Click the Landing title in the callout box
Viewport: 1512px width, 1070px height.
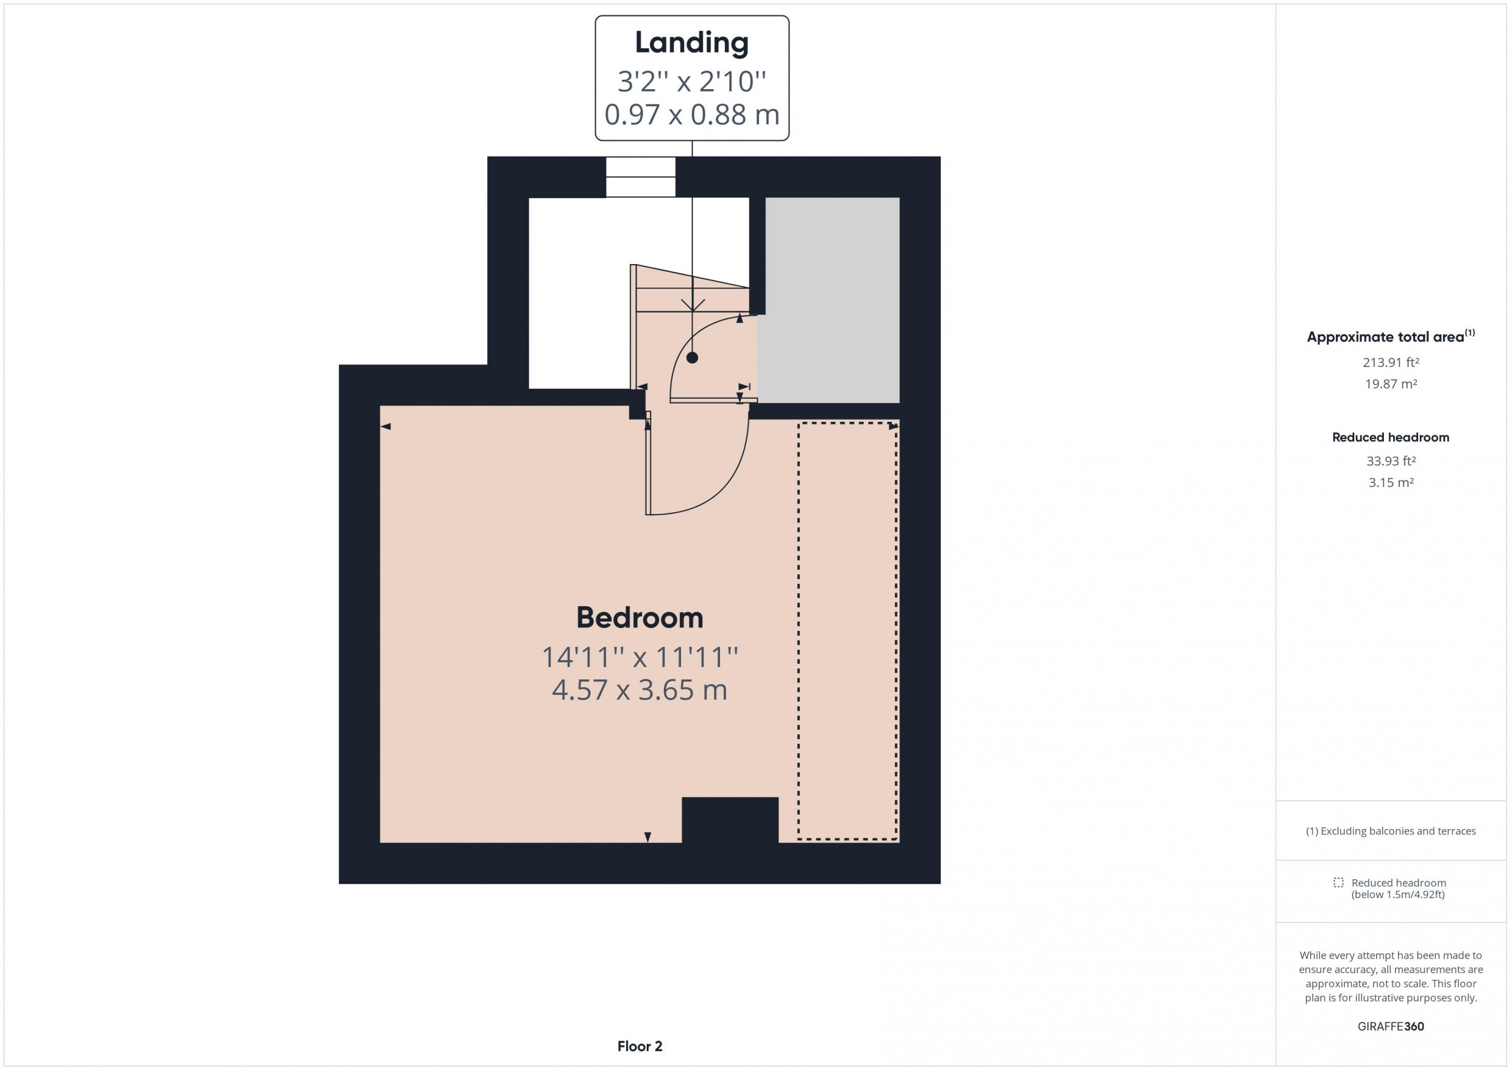(692, 43)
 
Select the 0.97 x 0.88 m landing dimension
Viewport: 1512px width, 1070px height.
(692, 115)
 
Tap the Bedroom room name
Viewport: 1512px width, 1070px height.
(640, 618)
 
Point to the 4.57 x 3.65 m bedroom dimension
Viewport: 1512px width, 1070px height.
(640, 690)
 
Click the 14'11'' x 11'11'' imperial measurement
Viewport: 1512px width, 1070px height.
(640, 657)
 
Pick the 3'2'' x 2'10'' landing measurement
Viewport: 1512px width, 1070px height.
(692, 82)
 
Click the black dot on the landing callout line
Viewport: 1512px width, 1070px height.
(692, 358)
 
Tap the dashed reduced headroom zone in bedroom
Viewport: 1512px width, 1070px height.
(848, 631)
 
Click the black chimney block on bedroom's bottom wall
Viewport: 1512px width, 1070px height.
(729, 819)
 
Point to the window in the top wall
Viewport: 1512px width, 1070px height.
(641, 177)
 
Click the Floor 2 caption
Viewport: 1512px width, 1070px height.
(640, 1046)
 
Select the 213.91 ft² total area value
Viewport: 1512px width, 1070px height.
(1391, 362)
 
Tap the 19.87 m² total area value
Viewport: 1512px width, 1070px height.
(1391, 384)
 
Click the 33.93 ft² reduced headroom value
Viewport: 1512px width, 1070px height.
(1391, 461)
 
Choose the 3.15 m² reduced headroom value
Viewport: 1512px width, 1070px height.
(1391, 482)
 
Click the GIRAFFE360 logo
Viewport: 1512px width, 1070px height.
(1391, 1026)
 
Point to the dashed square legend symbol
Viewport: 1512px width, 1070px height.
(1338, 882)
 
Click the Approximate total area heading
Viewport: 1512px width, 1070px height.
(1391, 336)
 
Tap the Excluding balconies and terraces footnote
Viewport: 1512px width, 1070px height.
(1391, 831)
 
